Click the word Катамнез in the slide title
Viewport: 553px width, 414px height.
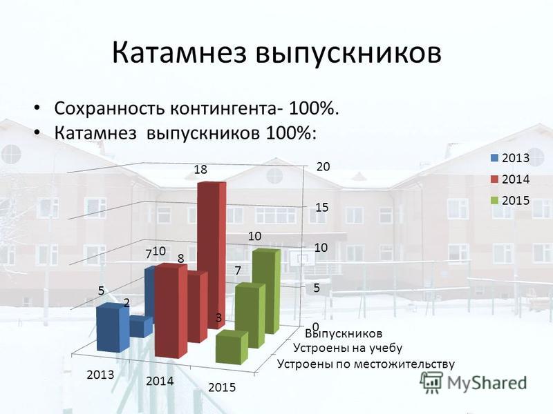tap(179, 53)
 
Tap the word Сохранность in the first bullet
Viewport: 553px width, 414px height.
tap(110, 108)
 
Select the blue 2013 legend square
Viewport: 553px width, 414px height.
tap(495, 158)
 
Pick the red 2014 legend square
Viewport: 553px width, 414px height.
tap(495, 179)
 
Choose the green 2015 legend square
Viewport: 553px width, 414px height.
tap(495, 201)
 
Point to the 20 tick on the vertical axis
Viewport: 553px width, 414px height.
tap(323, 167)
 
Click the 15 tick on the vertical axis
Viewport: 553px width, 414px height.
tap(322, 208)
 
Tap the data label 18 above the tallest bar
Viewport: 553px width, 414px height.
tap(200, 170)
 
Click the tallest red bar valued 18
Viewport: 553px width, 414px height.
tap(212, 255)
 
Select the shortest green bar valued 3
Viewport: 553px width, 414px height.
tap(232, 347)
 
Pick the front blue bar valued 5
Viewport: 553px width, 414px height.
tap(113, 328)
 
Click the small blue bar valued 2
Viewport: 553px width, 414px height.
tap(141, 326)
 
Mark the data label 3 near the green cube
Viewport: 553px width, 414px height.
tap(218, 318)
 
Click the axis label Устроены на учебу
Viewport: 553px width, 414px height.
tap(348, 348)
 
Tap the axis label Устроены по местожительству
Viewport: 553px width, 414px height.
tap(366, 364)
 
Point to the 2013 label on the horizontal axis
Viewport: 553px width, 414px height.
tap(100, 375)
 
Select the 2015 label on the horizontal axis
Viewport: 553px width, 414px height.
tap(222, 388)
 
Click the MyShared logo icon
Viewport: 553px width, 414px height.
tap(431, 382)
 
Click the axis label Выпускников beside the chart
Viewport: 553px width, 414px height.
tap(344, 333)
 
